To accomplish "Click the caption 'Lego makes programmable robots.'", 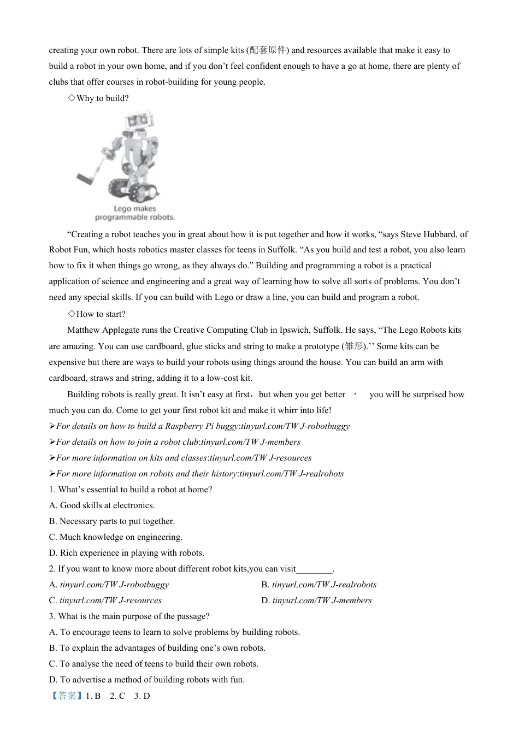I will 135,213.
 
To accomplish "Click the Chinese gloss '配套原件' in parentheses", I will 268,50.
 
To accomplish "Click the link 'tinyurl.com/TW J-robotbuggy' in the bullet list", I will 295,426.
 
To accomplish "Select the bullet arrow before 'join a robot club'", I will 52,442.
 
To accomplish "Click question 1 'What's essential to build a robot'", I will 131,490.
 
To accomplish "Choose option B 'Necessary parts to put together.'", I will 112,521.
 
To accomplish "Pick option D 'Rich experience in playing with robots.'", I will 126,553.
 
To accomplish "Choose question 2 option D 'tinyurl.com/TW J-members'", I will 321,600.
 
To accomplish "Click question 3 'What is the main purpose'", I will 129,616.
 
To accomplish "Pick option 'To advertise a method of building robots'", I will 146,680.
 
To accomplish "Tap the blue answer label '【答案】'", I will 66,696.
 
